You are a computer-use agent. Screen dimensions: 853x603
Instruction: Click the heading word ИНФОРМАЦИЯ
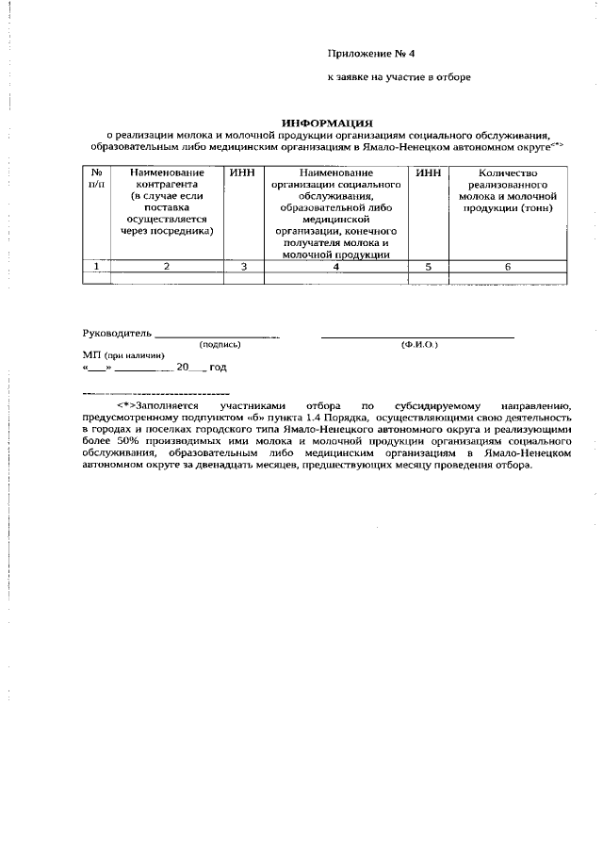point(329,122)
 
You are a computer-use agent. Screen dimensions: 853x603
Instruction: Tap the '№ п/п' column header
point(96,179)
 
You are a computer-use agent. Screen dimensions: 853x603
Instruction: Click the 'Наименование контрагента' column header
point(169,201)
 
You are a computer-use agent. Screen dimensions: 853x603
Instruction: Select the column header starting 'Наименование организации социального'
point(336,212)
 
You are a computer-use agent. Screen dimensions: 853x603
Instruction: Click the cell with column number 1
point(96,267)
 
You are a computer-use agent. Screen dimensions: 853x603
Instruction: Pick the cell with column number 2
point(168,267)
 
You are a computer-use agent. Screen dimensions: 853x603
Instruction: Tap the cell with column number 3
point(243,267)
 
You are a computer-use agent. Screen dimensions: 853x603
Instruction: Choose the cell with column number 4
point(336,267)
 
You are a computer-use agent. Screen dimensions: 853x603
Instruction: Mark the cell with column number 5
point(428,267)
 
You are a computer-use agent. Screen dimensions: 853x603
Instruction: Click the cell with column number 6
point(507,267)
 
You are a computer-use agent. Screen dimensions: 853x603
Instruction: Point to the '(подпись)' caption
point(220,345)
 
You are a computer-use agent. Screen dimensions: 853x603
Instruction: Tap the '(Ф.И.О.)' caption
point(418,345)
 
